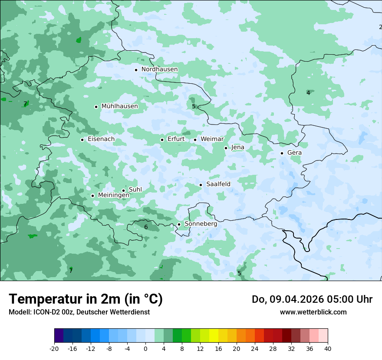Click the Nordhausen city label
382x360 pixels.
coord(159,69)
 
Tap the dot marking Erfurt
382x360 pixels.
coord(162,140)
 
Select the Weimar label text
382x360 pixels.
coord(212,139)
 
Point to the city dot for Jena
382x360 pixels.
coord(226,148)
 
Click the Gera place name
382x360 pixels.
coord(294,153)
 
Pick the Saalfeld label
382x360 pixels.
coord(218,184)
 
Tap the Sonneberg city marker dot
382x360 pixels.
coord(179,224)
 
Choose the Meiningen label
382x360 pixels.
coord(113,196)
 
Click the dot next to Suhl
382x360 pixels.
coord(123,190)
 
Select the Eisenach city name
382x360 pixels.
coord(101,139)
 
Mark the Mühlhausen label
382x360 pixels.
coord(119,106)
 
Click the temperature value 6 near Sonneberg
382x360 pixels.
coord(146,227)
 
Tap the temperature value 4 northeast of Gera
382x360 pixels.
coord(308,93)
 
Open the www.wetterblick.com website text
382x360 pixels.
coord(313,312)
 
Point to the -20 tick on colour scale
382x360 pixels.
coord(54,349)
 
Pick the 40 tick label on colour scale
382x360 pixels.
coord(328,349)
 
